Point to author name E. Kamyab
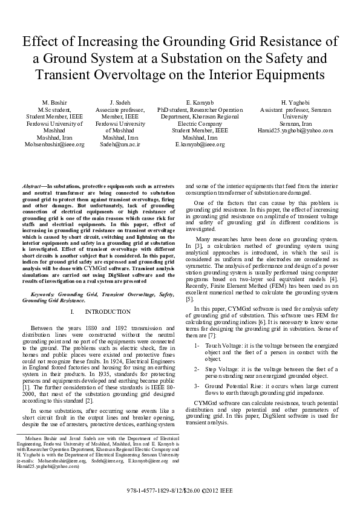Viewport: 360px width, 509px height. click(199, 103)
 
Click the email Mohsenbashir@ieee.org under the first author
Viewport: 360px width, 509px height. click(54, 145)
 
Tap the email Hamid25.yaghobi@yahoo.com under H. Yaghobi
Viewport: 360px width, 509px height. click(295, 130)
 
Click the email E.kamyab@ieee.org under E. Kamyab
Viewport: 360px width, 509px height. click(199, 145)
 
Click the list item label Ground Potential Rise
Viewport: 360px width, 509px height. click(235, 385)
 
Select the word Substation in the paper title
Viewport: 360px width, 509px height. click(260, 59)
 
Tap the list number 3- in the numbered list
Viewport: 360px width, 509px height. click(197, 385)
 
